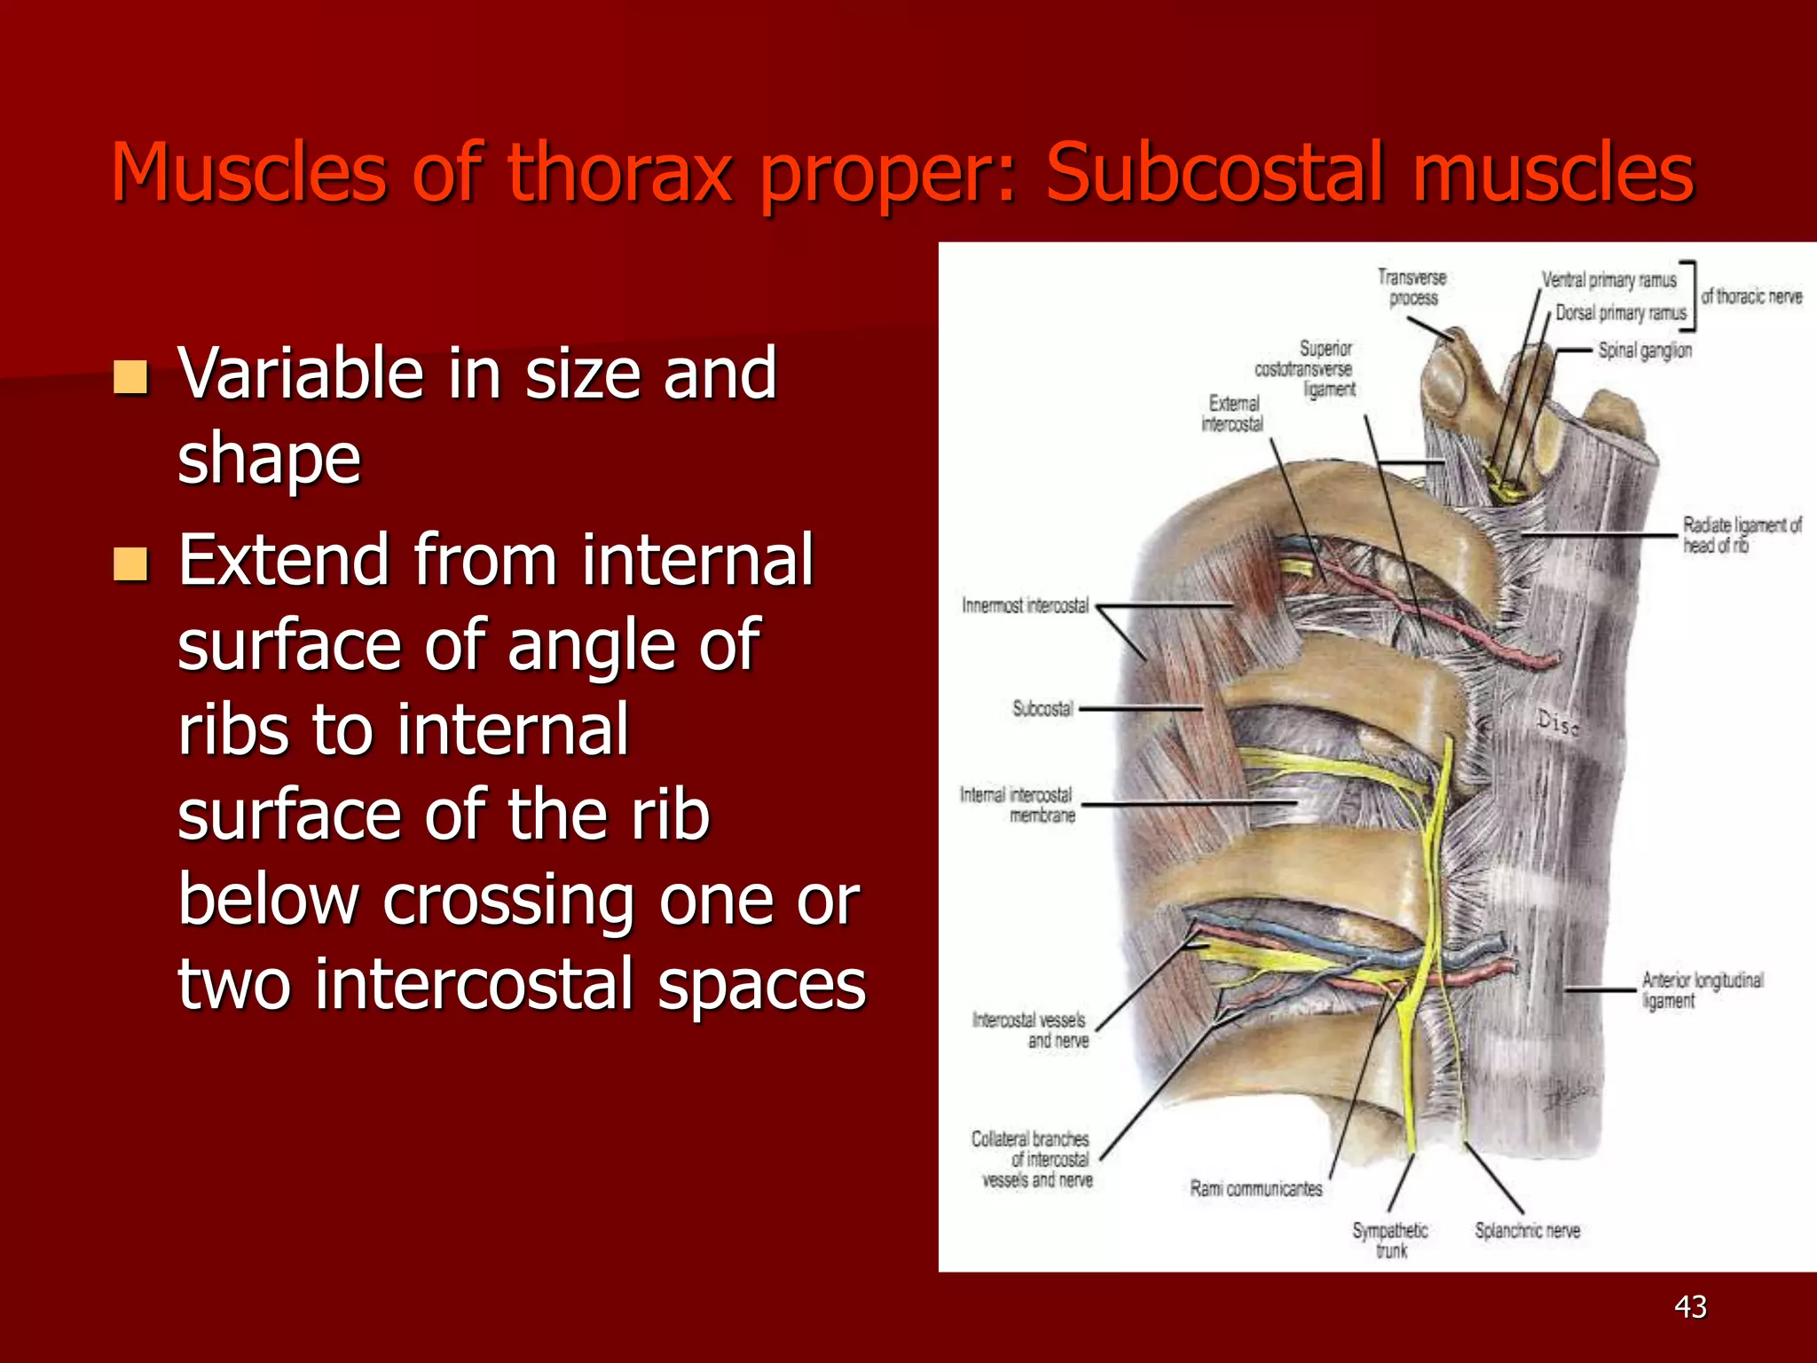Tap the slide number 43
(x=1690, y=1306)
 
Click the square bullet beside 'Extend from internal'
(x=130, y=563)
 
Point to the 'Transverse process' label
(x=1412, y=288)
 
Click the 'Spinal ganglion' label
(x=1644, y=351)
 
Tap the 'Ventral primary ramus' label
(x=1609, y=280)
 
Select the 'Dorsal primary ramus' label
(x=1620, y=313)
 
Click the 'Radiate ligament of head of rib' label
(x=1742, y=535)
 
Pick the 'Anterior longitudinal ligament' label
(x=1702, y=990)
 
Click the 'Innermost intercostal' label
(x=1025, y=606)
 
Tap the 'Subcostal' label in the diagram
(x=1042, y=709)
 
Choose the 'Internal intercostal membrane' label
(x=1017, y=805)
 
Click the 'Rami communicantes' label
(x=1255, y=1189)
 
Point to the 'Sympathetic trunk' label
(x=1390, y=1240)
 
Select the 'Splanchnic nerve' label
(x=1527, y=1231)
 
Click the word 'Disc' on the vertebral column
(x=1557, y=723)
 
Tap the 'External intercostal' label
(x=1232, y=414)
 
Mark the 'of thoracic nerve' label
(x=1751, y=296)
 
